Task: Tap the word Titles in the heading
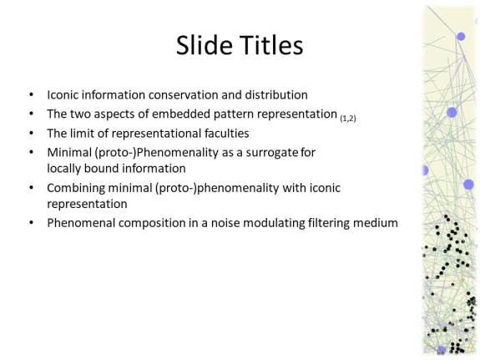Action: click(x=270, y=45)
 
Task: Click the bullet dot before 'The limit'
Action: click(x=32, y=133)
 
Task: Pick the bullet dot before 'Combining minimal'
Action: click(x=32, y=187)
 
